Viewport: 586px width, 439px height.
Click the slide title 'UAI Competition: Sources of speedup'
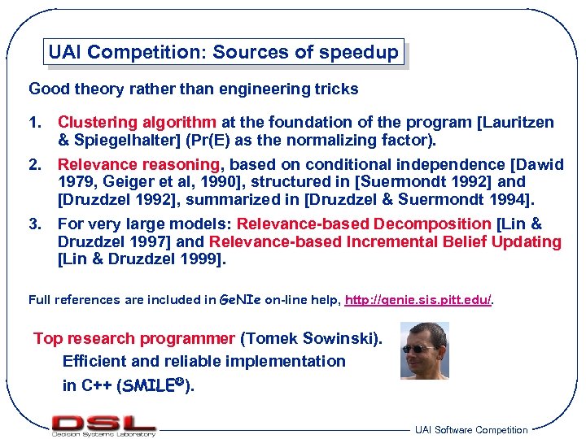[224, 53]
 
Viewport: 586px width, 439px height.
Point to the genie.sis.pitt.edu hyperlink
[418, 300]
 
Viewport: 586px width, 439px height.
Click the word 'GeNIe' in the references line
[240, 300]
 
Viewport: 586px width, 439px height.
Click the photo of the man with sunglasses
[424, 350]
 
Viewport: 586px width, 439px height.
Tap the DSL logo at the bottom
[103, 424]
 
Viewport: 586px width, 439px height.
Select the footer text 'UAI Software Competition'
[470, 429]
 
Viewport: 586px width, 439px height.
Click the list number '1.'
[35, 123]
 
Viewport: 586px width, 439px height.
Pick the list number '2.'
[35, 164]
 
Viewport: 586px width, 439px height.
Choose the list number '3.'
[35, 224]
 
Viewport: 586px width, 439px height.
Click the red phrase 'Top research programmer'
[134, 338]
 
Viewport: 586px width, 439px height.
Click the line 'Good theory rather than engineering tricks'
[193, 88]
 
